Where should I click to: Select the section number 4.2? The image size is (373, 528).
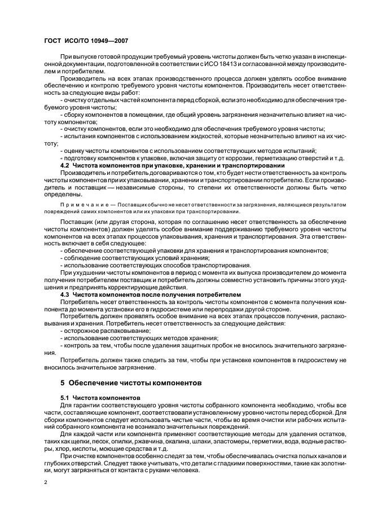pos(65,165)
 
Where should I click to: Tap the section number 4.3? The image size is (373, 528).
pos(65,294)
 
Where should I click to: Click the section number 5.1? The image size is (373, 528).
pos(65,398)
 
